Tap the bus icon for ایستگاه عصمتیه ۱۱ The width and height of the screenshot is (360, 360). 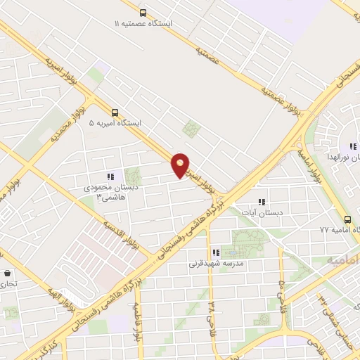coord(143,13)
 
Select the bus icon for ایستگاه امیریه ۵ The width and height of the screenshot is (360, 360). coord(115,111)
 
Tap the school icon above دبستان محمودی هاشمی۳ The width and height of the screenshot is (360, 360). coord(110,176)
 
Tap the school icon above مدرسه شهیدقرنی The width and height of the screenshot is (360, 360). coord(216,253)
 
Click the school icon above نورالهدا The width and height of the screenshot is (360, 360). coord(353,146)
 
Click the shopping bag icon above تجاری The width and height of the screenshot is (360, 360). coord(7,274)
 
